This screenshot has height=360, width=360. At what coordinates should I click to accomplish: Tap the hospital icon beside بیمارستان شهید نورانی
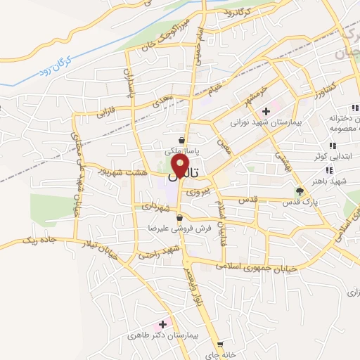pos(266,111)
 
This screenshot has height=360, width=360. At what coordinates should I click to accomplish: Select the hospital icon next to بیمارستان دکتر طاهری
pos(164,324)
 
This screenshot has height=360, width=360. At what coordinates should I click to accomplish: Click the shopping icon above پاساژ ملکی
pos(182,139)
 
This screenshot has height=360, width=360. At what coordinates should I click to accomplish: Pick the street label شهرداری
pos(155,207)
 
